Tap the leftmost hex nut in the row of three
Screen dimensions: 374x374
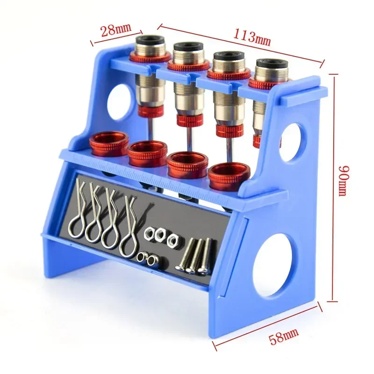click(x=151, y=231)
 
